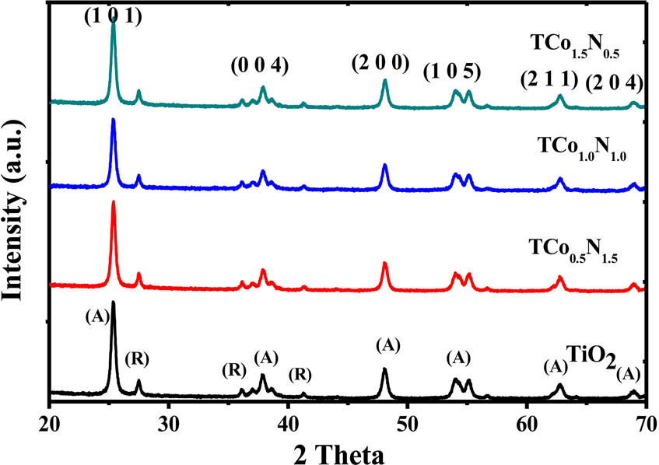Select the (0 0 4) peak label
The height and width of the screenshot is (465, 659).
coord(260,66)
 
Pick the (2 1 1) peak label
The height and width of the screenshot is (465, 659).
coord(548,78)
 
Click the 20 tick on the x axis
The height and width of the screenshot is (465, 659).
coord(50,423)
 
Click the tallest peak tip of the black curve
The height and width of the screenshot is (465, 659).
coord(114,302)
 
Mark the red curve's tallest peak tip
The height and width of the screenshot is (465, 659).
coord(114,202)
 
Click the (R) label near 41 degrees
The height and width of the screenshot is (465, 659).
coord(300,375)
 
